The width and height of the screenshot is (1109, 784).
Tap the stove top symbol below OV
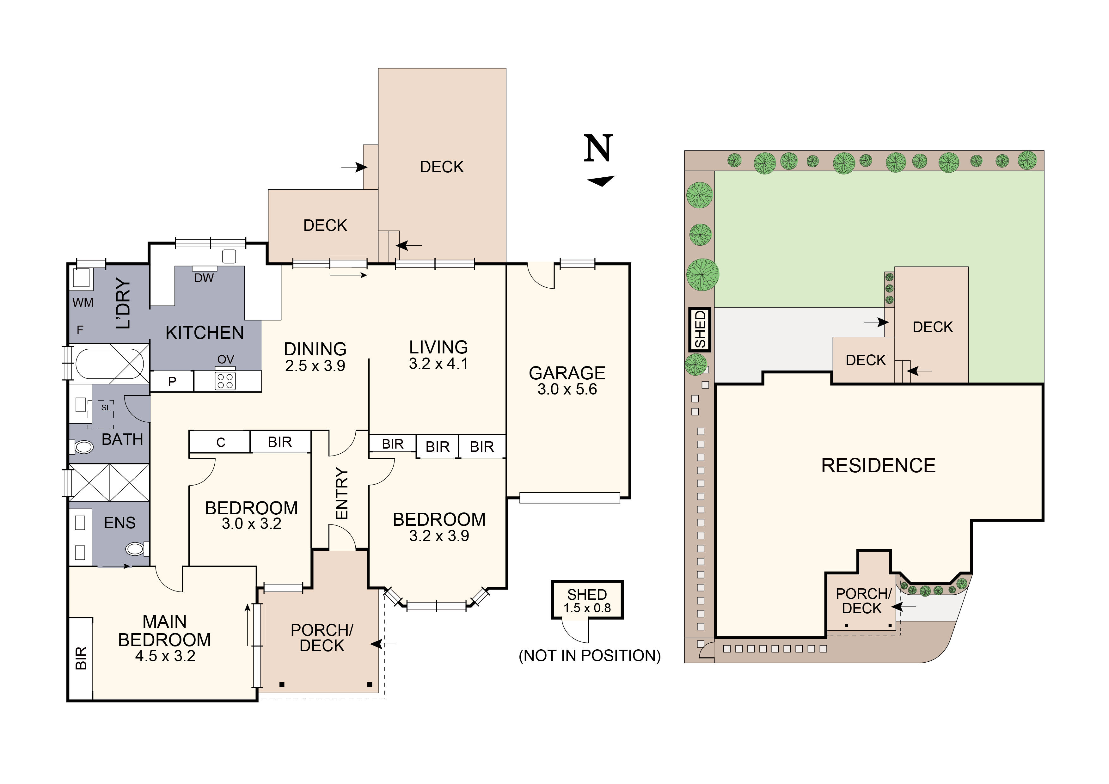[225, 381]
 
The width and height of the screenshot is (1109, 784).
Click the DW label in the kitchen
[204, 278]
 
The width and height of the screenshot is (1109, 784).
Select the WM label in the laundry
[83, 303]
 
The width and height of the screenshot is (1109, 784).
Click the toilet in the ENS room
[136, 549]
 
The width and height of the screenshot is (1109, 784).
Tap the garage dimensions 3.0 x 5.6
[567, 389]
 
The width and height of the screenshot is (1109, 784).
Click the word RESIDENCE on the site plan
[878, 466]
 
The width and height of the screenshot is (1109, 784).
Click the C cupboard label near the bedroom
[221, 443]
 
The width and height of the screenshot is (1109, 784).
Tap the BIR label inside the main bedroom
[81, 658]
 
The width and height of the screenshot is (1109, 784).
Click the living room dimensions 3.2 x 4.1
[438, 364]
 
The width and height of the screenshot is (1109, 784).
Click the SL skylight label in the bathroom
[106, 408]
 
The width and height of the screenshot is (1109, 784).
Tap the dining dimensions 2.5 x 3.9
[315, 366]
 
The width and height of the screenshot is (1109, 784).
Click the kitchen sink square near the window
[229, 256]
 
